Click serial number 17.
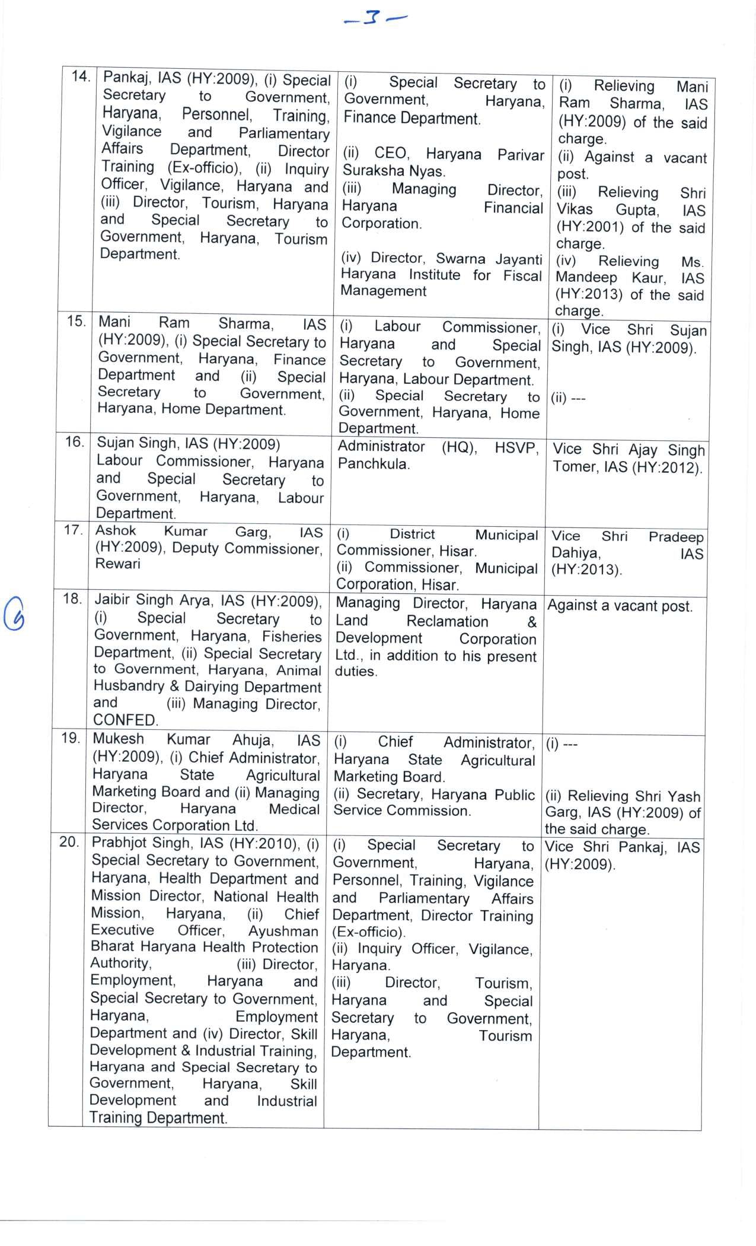73,530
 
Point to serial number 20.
69,842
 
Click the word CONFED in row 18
125,720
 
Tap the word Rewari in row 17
117,564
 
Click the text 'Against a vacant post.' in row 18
620,606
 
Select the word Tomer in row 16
573,467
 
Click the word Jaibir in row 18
113,600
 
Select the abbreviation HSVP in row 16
517,448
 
